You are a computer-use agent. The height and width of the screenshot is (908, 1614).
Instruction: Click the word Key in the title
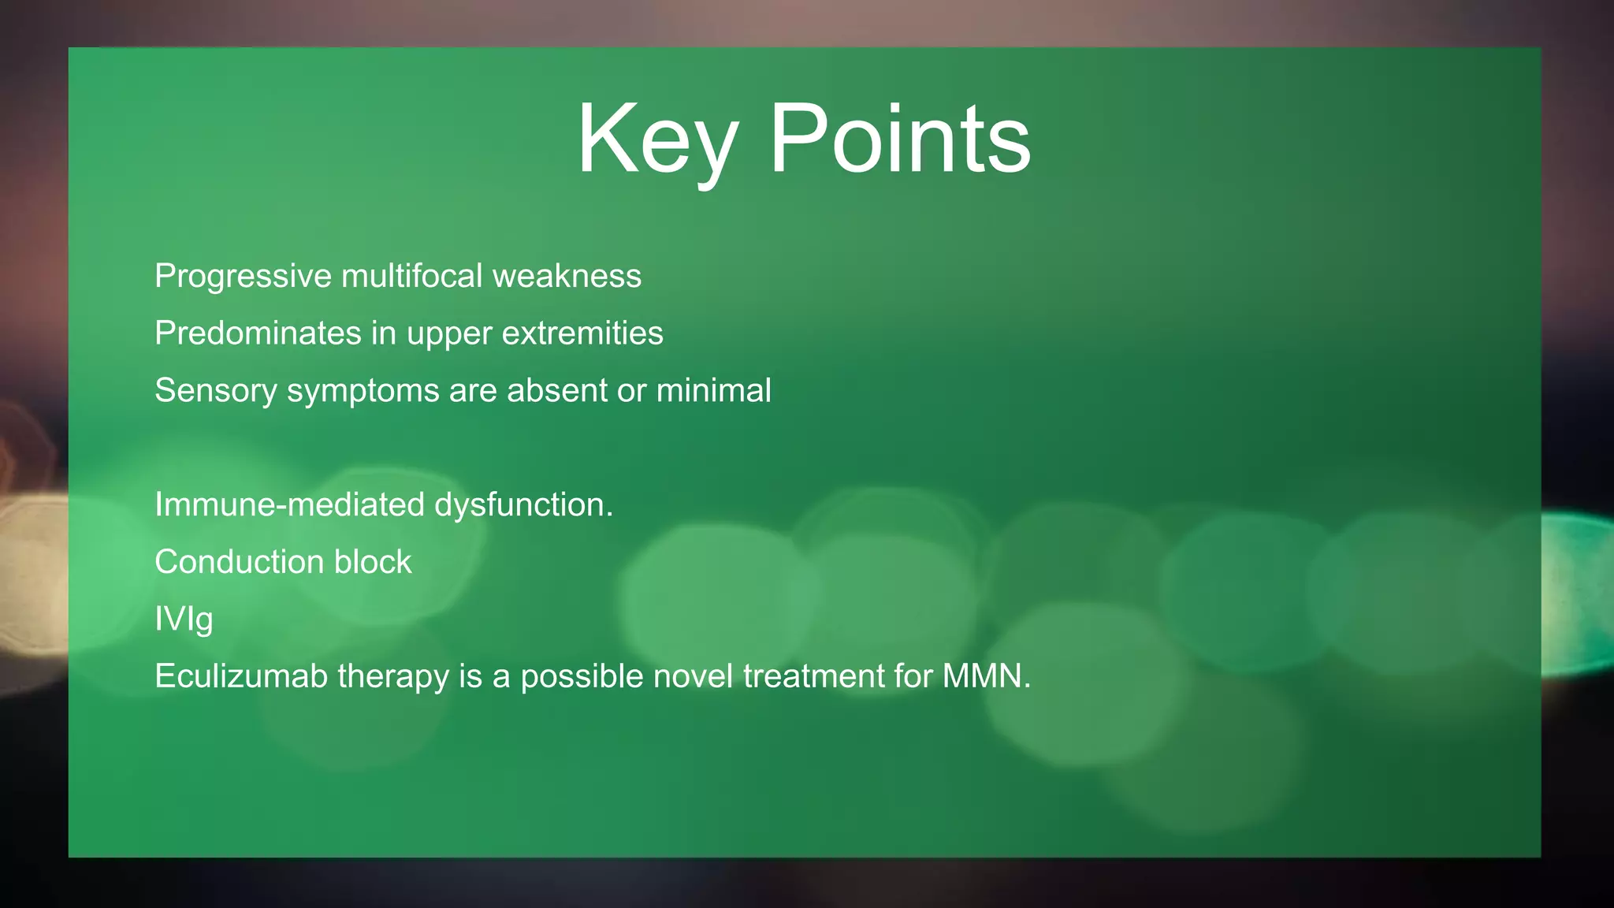click(656, 140)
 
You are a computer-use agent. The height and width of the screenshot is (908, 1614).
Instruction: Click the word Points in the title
click(899, 140)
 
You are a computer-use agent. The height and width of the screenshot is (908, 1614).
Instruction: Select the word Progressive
click(244, 277)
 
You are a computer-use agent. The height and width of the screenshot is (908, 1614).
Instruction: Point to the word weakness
click(567, 277)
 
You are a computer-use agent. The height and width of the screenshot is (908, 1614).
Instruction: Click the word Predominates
click(258, 333)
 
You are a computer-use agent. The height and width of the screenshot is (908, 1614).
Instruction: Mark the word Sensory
click(215, 391)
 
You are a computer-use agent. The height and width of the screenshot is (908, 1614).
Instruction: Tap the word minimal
click(713, 391)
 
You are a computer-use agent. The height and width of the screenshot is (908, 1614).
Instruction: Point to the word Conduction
click(239, 562)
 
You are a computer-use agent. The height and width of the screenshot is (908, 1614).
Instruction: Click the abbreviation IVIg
click(184, 620)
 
